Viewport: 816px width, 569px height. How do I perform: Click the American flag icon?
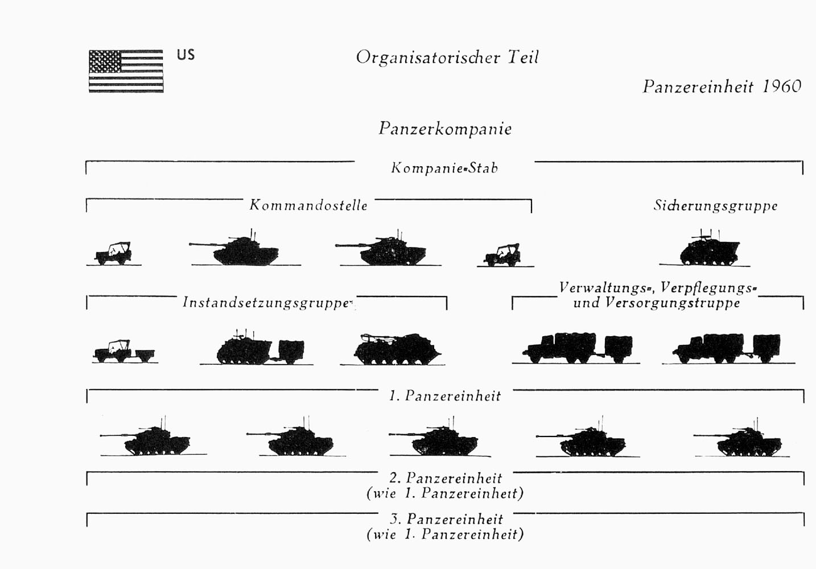tap(126, 71)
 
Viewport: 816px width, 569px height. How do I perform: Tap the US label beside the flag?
tap(186, 55)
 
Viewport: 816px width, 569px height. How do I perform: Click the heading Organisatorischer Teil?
tap(447, 57)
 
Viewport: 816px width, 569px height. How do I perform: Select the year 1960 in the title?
tap(782, 86)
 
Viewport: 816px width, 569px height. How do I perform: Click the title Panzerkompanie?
tap(445, 129)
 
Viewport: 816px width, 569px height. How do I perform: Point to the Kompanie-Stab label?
tap(444, 168)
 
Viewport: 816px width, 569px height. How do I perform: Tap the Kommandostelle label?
tap(308, 205)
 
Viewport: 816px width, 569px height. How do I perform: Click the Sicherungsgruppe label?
tap(715, 206)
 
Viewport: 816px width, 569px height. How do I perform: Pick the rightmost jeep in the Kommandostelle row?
tap(502, 255)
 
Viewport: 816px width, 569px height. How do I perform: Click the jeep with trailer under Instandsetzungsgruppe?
tap(124, 351)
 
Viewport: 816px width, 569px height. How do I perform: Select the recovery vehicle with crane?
tap(397, 349)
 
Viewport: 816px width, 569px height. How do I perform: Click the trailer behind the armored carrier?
tap(291, 352)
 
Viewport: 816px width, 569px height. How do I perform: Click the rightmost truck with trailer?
tap(727, 348)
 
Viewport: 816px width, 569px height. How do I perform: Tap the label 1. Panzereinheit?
tap(445, 396)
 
